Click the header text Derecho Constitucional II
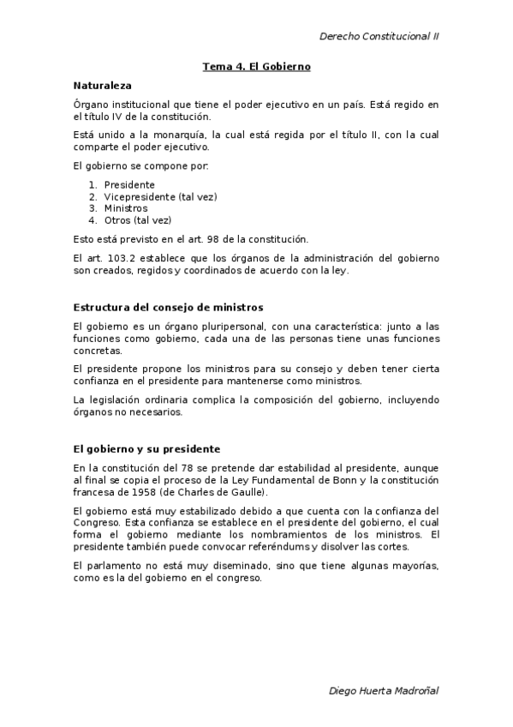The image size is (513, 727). tap(379, 37)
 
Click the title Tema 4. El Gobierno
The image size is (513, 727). tap(256, 66)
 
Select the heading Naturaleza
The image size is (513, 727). tap(102, 86)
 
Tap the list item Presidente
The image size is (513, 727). tap(129, 184)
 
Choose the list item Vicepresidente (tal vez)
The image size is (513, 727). tap(160, 196)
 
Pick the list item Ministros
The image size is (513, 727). tap(126, 208)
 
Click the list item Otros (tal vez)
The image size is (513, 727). tap(138, 220)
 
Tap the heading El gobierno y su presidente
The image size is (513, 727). tap(146, 448)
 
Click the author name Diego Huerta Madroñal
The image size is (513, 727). tap(385, 690)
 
